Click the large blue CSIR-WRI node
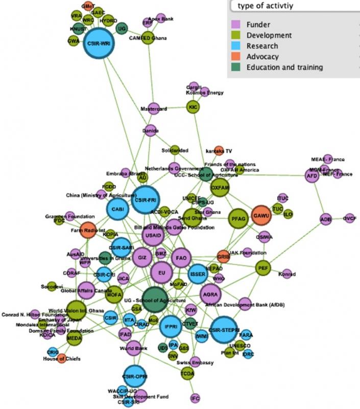coord(99,44)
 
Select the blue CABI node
coord(118,209)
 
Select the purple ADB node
coord(326,219)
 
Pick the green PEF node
coord(263,267)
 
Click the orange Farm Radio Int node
coord(88,230)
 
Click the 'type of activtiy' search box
coord(294,6)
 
